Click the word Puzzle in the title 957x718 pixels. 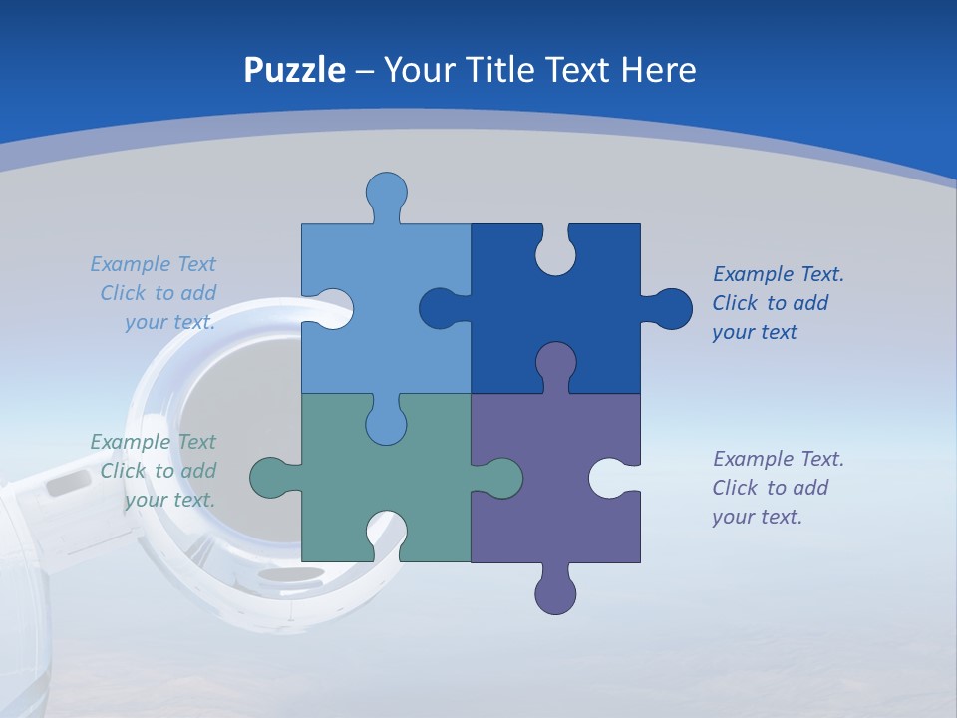(x=295, y=70)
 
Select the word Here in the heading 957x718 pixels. (x=657, y=70)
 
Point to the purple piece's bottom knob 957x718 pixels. (x=555, y=592)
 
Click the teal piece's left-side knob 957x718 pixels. (x=271, y=478)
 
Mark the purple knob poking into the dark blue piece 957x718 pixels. (x=555, y=363)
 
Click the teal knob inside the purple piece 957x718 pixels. (x=500, y=478)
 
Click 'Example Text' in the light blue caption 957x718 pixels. (x=153, y=264)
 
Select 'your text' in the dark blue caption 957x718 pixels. (x=755, y=332)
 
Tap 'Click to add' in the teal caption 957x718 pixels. (x=158, y=471)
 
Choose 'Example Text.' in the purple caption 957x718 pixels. (x=779, y=459)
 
